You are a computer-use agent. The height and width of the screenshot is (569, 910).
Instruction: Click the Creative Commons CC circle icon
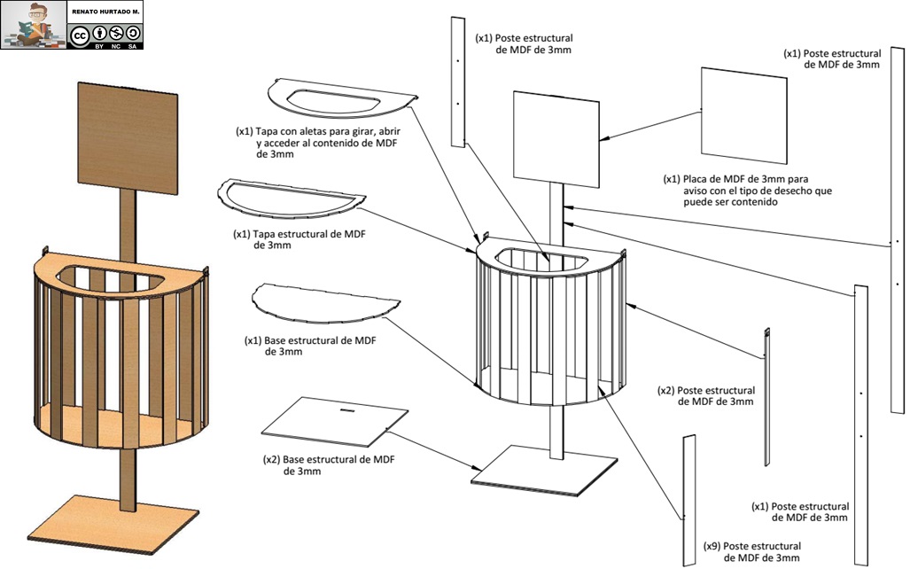[x=79, y=35]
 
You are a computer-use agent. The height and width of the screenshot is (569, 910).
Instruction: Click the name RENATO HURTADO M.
[x=105, y=12]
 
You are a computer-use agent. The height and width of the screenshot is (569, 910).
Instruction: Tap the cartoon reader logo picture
[x=34, y=25]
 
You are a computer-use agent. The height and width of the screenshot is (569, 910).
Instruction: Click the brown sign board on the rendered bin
[x=128, y=139]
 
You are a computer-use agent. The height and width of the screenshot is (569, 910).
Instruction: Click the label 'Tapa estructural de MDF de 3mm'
[x=299, y=239]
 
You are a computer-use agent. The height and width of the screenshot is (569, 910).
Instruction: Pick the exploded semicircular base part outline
[x=325, y=303]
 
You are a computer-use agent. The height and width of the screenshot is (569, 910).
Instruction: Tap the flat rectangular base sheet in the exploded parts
[x=335, y=422]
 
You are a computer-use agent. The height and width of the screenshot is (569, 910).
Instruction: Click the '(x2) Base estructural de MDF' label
[x=329, y=465]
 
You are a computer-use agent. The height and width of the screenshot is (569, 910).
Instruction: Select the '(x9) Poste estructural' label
[x=752, y=551]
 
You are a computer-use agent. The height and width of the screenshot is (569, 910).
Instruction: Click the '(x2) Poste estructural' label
[x=706, y=396]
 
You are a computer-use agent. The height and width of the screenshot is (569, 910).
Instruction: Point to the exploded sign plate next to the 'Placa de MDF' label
[x=744, y=115]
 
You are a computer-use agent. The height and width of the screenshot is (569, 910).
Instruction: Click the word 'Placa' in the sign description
[x=696, y=179]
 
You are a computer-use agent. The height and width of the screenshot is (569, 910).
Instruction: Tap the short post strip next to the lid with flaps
[x=458, y=82]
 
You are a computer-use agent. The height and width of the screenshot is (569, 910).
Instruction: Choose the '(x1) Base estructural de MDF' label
[x=310, y=346]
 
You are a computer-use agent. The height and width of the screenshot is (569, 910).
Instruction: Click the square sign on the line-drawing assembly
[x=556, y=139]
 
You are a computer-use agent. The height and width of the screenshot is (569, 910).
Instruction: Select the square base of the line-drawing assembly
[x=544, y=471]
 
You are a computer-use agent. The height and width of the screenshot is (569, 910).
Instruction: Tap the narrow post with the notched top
[x=766, y=397]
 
